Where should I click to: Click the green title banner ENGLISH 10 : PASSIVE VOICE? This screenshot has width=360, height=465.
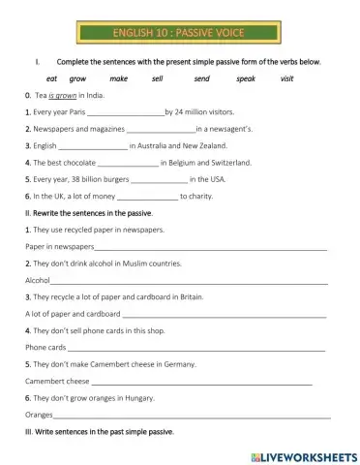[178, 34]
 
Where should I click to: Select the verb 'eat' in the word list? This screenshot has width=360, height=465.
[52, 78]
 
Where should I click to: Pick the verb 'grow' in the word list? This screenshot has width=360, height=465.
[78, 78]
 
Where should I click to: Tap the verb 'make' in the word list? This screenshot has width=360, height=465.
[119, 78]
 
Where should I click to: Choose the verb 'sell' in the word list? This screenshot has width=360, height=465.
[158, 78]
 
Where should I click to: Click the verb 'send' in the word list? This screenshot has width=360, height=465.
[201, 78]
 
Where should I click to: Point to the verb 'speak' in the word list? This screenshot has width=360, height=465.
[246, 78]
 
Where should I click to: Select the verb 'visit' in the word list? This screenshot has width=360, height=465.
[286, 78]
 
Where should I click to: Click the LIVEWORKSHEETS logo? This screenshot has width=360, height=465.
[303, 454]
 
